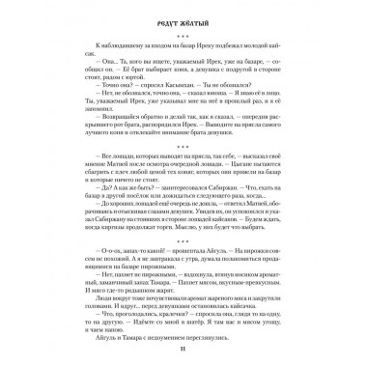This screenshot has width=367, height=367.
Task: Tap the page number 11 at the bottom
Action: pyautogui.click(x=183, y=350)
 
